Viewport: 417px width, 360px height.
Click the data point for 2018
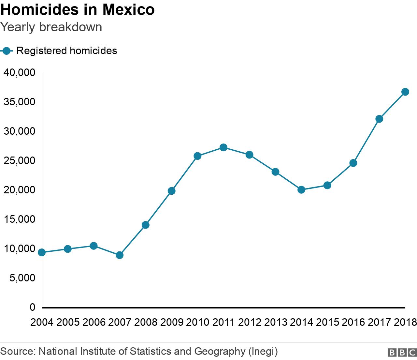pyautogui.click(x=405, y=92)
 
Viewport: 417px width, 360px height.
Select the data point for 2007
pyautogui.click(x=120, y=255)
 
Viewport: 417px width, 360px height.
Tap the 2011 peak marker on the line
pyautogui.click(x=223, y=147)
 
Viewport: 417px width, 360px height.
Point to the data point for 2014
pyautogui.click(x=301, y=189)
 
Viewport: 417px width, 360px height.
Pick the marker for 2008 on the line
pyautogui.click(x=146, y=225)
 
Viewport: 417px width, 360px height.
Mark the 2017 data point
pyautogui.click(x=379, y=119)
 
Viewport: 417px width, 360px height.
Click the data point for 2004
pyautogui.click(x=42, y=252)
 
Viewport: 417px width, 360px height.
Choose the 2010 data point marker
pyautogui.click(x=197, y=156)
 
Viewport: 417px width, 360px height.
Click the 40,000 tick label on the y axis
pyautogui.click(x=19, y=73)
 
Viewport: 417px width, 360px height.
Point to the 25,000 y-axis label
pyautogui.click(x=19, y=161)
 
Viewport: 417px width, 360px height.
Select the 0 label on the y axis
pyautogui.click(x=32, y=307)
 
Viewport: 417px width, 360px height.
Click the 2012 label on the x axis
pyautogui.click(x=250, y=322)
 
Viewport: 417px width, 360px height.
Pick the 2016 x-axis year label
pyautogui.click(x=353, y=322)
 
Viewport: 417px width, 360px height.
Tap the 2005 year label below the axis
pyautogui.click(x=68, y=322)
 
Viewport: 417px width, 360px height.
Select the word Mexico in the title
pyautogui.click(x=128, y=10)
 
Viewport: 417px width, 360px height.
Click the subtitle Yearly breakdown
pyautogui.click(x=51, y=27)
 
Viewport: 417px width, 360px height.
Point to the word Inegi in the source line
pyautogui.click(x=263, y=351)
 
